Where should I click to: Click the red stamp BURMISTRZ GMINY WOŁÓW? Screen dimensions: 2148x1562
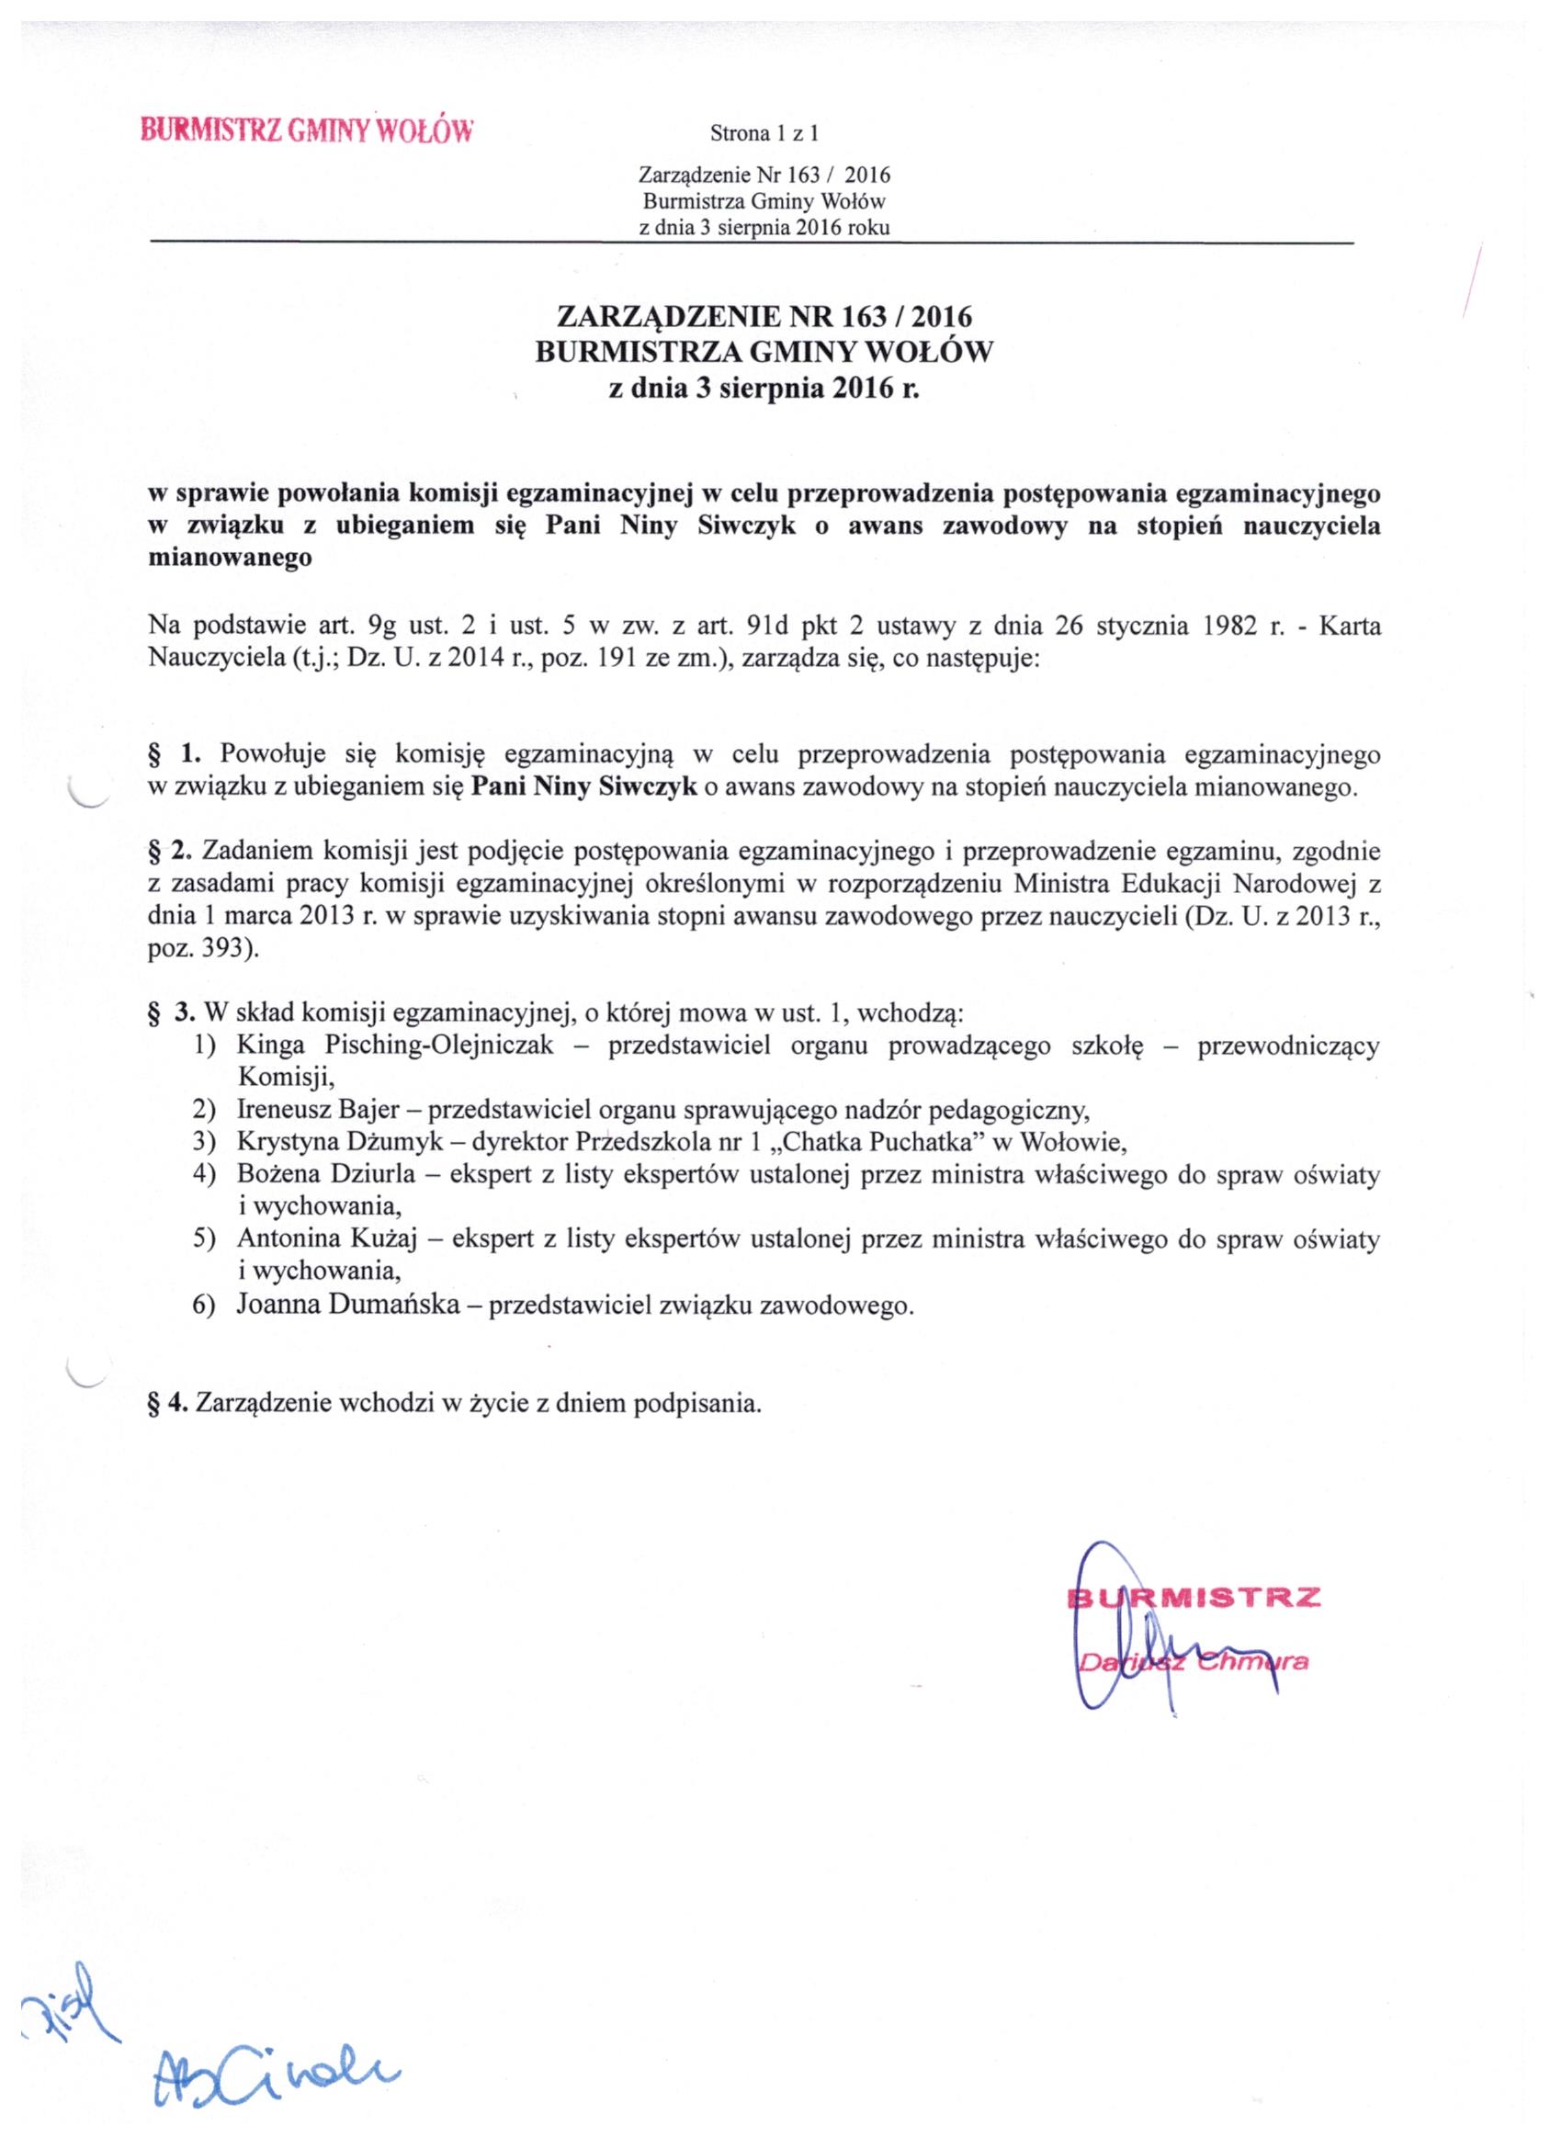pyautogui.click(x=305, y=129)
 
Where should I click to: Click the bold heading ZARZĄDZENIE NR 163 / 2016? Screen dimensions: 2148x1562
pyautogui.click(x=764, y=315)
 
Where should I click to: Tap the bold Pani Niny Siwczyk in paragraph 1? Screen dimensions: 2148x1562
pyautogui.click(x=584, y=787)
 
